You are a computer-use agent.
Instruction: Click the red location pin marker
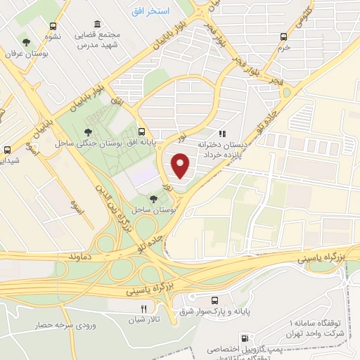[181, 165]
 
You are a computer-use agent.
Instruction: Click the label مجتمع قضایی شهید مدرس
[106, 39]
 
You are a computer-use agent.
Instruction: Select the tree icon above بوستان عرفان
[26, 41]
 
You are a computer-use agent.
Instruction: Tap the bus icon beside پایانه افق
[143, 131]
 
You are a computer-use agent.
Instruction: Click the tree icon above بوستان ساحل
[154, 200]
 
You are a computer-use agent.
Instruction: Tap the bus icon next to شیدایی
[8, 150]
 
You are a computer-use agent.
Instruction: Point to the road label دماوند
[81, 258]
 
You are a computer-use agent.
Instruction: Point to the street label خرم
[283, 48]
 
